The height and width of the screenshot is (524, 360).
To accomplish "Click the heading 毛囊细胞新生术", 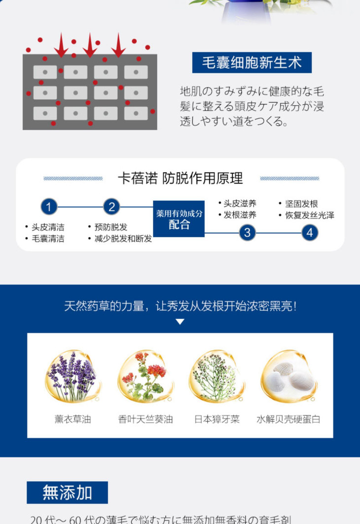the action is click(x=252, y=63).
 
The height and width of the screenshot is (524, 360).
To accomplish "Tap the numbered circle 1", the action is click(x=48, y=207).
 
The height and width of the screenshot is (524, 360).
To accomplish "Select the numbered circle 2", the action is click(x=111, y=207).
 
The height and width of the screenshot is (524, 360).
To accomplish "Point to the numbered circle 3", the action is click(x=247, y=232).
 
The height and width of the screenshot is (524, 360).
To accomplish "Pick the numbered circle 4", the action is click(x=309, y=232).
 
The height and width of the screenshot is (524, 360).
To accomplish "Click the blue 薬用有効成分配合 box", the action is click(x=179, y=219).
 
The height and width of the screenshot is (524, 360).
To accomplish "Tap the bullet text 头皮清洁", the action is click(x=48, y=227).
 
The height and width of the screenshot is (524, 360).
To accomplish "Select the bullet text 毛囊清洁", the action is click(x=48, y=239).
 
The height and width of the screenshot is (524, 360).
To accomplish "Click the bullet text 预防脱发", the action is click(x=110, y=227).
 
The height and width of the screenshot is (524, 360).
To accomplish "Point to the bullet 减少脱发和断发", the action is click(x=123, y=239).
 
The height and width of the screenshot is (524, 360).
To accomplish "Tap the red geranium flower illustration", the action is click(x=145, y=376).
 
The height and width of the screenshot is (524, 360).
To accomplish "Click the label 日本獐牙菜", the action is click(x=217, y=419).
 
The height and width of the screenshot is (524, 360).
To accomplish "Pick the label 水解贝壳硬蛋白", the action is click(x=288, y=419).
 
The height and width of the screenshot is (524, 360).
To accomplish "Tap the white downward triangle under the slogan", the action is click(x=180, y=322).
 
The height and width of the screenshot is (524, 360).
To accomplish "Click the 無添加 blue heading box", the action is click(x=67, y=492).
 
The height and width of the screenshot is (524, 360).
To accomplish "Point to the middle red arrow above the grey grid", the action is click(x=90, y=45).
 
